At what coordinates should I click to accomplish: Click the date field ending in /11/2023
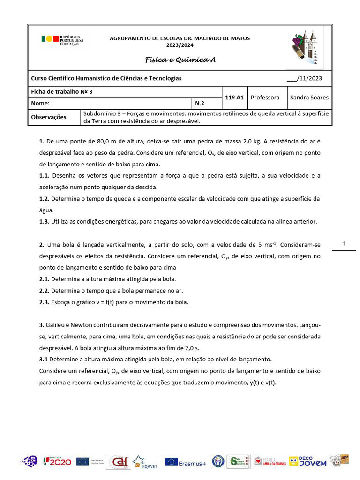[304, 78]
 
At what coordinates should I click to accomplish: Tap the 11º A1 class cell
[234, 97]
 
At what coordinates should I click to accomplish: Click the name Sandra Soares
[309, 97]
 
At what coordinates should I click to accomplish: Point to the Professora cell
[265, 97]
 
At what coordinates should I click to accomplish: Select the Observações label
[49, 117]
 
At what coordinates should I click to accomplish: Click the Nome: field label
[40, 103]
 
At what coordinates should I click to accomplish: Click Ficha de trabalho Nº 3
[62, 92]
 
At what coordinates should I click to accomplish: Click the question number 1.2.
[45, 199]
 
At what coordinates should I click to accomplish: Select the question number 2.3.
[45, 302]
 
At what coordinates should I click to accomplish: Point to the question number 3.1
[44, 360]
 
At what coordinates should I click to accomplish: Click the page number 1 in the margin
[344, 244]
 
